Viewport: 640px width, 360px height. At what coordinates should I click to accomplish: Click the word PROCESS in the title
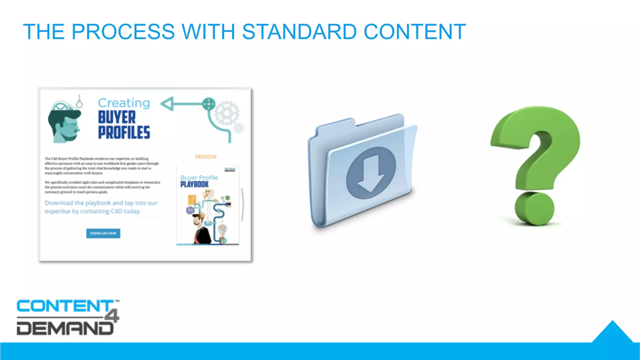pyautogui.click(x=123, y=32)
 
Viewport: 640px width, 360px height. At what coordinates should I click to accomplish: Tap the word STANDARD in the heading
pyautogui.click(x=299, y=32)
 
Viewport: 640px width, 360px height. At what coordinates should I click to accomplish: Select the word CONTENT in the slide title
pyautogui.click(x=415, y=32)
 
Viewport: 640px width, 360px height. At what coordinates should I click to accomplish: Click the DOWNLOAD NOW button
pyautogui.click(x=103, y=233)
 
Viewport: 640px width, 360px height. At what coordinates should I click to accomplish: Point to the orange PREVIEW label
pyautogui.click(x=206, y=157)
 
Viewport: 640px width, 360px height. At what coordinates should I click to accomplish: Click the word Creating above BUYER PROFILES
pyautogui.click(x=124, y=103)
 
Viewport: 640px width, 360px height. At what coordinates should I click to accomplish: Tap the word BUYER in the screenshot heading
pyautogui.click(x=117, y=117)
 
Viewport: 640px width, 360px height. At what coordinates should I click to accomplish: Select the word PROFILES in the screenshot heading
pyautogui.click(x=124, y=132)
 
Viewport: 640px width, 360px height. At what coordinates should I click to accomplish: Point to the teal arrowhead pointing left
pyautogui.click(x=167, y=104)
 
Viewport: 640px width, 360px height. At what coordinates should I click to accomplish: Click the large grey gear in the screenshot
pyautogui.click(x=226, y=113)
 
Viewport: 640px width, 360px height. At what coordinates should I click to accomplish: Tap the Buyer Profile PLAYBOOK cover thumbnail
pyautogui.click(x=207, y=205)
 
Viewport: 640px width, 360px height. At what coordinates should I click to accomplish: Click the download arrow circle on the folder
pyautogui.click(x=371, y=173)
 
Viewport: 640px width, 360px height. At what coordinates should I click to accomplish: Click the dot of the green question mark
pyautogui.click(x=534, y=208)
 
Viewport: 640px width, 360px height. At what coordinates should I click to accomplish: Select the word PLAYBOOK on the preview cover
pyautogui.click(x=194, y=184)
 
